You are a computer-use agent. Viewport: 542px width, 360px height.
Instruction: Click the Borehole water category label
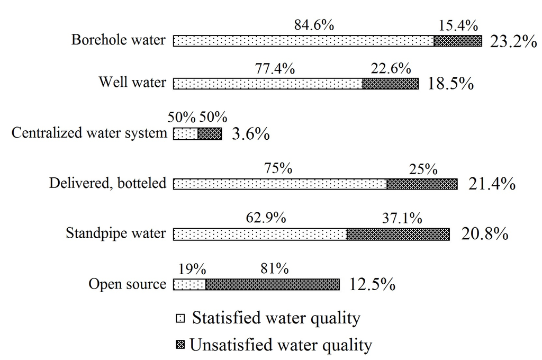coord(119,40)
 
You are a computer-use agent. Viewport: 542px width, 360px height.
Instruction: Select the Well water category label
coord(132,83)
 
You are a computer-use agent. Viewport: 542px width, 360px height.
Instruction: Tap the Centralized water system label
coord(89,133)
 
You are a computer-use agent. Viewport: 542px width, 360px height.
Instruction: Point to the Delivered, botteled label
coord(108,183)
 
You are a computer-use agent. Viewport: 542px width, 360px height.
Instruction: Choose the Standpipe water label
coord(116,233)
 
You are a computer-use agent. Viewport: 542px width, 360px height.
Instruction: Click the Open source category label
coord(128,284)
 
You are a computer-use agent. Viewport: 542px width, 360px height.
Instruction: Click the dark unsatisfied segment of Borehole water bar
coord(458,41)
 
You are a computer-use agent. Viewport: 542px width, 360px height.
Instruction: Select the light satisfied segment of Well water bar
coord(268,84)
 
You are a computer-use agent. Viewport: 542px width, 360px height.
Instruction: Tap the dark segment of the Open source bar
coord(273,285)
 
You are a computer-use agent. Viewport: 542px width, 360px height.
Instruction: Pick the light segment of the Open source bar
coord(189,285)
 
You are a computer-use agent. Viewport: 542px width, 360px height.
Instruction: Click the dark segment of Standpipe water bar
coord(398,234)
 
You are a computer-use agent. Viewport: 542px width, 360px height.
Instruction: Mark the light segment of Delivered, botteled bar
coord(280,184)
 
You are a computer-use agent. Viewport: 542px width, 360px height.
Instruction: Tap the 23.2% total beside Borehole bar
coord(513,41)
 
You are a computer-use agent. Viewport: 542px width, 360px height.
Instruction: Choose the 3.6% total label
coord(251,134)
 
